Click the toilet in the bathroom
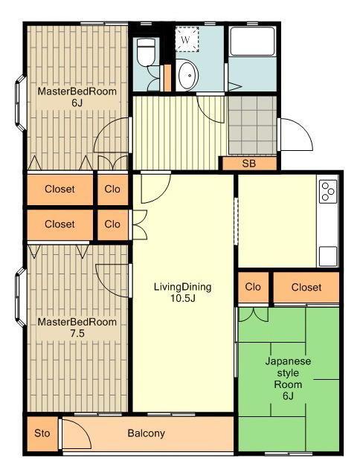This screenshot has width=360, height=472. pos(146,52)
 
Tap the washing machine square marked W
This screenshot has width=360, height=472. pos(187,39)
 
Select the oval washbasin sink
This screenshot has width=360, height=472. pos(187,74)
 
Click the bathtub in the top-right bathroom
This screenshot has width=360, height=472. pos(252,41)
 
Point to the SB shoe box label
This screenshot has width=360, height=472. pos(249,164)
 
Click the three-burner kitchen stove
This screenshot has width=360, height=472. pos(328,191)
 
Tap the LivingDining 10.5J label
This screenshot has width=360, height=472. pos(182,292)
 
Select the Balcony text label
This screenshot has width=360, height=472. pos(146,433)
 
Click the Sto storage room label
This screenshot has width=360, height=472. pos(42,433)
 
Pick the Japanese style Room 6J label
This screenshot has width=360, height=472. pos(288,378)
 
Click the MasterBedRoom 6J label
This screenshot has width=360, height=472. pos(77,97)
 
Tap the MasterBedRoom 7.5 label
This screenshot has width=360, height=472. pos(77,328)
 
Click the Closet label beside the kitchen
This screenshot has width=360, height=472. pos(306,287)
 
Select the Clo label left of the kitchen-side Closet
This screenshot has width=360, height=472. pos(253,287)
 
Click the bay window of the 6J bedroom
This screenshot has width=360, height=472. pos(21,103)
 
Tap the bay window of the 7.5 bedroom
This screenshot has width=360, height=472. pos(21,297)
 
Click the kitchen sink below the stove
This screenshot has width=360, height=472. pos(328,256)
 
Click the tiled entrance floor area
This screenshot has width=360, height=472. pos(252,125)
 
